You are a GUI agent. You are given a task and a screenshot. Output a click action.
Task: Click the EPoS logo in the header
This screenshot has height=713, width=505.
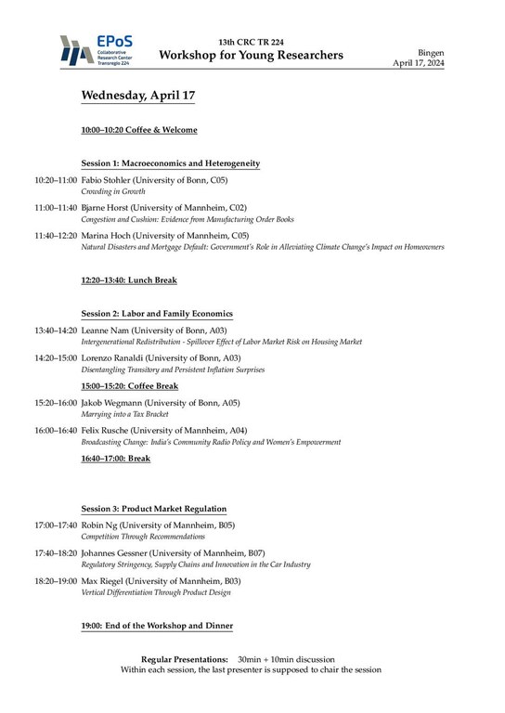(x=93, y=51)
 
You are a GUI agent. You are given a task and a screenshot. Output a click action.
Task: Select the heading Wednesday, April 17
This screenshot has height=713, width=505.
(x=137, y=96)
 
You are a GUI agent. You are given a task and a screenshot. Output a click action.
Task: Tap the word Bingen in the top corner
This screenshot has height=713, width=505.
(x=459, y=55)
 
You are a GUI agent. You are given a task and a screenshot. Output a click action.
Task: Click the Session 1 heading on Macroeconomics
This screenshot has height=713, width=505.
(x=170, y=163)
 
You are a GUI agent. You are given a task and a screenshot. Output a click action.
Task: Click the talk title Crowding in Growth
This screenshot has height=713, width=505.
(x=108, y=191)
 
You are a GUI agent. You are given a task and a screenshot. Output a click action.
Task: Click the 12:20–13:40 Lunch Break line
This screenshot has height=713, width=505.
(x=129, y=279)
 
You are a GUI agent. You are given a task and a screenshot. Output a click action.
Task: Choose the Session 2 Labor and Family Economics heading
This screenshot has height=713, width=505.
(x=157, y=314)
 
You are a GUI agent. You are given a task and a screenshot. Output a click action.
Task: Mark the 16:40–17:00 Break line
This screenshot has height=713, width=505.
(x=115, y=459)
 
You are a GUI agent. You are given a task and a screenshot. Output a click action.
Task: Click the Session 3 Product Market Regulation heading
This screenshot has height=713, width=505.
(x=153, y=509)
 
